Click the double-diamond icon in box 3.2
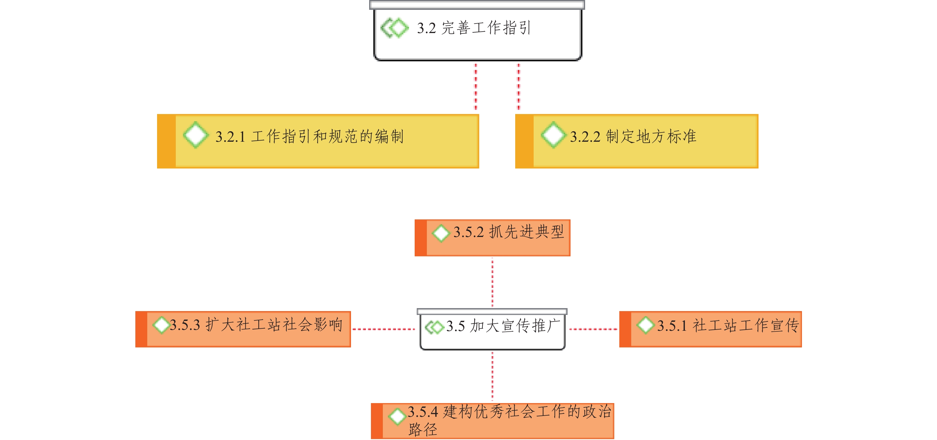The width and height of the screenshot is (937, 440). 395,28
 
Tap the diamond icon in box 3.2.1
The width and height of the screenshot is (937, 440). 196,135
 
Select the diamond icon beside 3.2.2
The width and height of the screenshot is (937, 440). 553,135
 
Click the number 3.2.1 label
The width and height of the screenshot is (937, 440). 230,137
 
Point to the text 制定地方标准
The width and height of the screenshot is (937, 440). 651,136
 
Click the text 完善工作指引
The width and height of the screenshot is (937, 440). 486,28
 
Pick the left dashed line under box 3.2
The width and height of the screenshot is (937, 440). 475,87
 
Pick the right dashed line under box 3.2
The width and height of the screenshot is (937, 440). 519,87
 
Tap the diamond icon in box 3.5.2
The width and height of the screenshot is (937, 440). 441,233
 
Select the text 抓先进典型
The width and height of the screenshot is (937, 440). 526,232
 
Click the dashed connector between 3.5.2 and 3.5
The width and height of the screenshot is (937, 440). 493,282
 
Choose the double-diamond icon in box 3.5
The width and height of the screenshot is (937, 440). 434,327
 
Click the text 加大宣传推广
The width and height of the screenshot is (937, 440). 515,326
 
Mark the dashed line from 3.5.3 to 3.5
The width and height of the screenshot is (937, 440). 383,329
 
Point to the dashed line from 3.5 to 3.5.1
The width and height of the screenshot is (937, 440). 593,329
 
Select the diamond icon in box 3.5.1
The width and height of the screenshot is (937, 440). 646,324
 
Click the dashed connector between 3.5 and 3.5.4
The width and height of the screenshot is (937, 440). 493,376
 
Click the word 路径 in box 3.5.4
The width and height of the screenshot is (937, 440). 423,430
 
